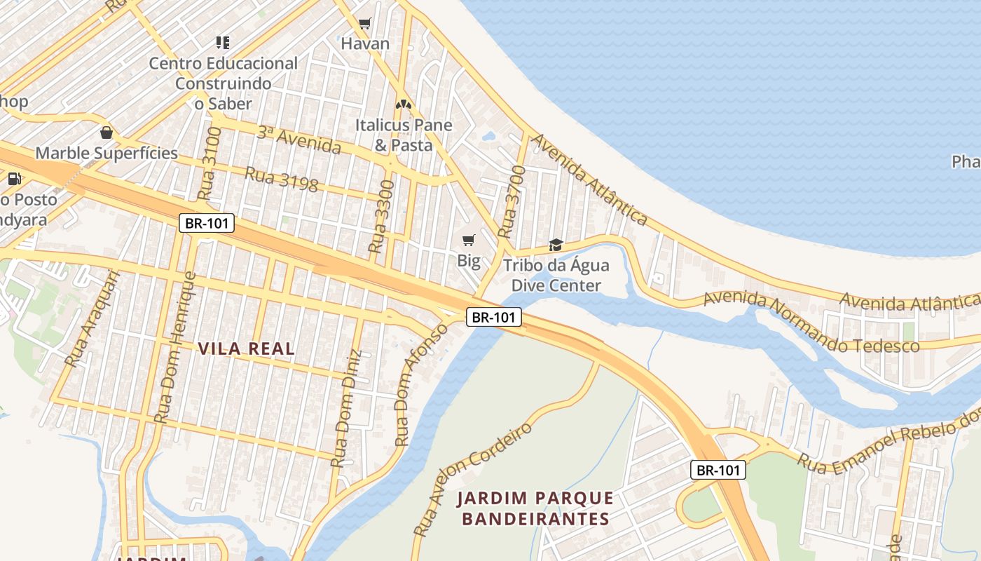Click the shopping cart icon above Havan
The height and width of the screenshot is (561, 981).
[364, 24]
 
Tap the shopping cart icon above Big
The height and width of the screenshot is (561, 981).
[469, 241]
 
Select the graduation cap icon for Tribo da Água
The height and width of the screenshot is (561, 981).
[556, 245]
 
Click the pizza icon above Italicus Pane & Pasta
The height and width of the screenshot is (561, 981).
[403, 104]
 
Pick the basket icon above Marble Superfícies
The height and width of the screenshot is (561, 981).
[107, 133]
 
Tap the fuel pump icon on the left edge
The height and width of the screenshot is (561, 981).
[14, 179]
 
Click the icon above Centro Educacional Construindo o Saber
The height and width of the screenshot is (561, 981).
[223, 43]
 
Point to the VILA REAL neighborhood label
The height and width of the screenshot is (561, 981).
[246, 349]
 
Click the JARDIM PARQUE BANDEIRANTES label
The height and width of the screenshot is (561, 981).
[535, 508]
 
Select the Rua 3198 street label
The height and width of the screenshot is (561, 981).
[281, 179]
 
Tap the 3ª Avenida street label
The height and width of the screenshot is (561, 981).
[299, 140]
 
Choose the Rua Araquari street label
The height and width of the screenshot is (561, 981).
[92, 319]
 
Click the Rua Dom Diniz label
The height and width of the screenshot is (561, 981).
[347, 408]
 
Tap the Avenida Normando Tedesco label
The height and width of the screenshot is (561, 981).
[811, 323]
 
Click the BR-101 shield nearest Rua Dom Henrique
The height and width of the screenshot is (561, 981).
[207, 224]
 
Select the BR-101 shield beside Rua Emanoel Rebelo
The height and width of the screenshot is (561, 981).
[718, 470]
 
